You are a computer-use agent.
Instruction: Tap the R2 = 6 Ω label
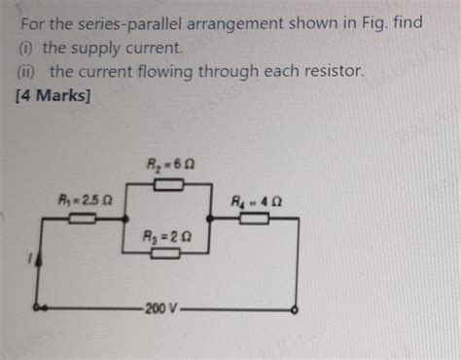pyautogui.click(x=169, y=165)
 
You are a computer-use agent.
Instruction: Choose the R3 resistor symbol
pyautogui.click(x=166, y=254)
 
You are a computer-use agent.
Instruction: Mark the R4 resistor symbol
pyautogui.click(x=255, y=220)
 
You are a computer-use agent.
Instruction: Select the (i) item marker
pyautogui.click(x=21, y=47)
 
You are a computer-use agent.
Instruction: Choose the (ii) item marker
pyautogui.click(x=23, y=71)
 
